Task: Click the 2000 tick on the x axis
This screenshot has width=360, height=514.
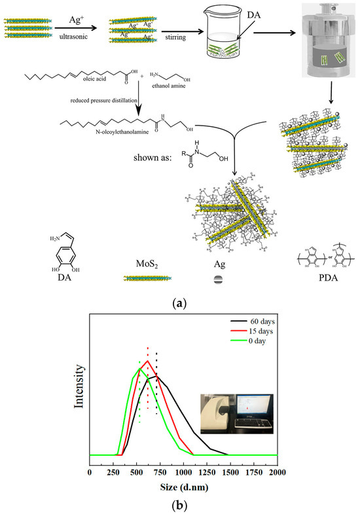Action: tap(277, 471)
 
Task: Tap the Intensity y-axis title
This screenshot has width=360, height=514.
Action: tap(79, 396)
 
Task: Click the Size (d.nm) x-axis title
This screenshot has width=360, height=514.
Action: tap(185, 487)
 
